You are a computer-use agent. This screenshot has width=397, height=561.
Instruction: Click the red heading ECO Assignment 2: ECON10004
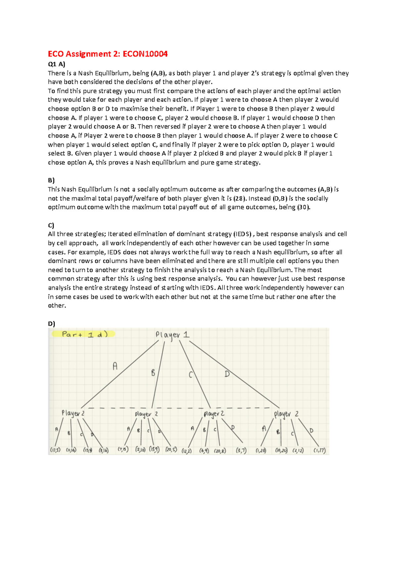(108, 54)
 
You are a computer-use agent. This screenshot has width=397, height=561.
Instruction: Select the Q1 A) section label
(57, 64)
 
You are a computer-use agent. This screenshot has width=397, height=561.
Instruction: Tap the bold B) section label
(51, 180)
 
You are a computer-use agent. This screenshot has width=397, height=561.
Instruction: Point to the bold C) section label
(51, 225)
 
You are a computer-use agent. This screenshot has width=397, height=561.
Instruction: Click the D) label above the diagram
(52, 324)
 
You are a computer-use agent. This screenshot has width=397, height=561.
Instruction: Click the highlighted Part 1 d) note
(84, 334)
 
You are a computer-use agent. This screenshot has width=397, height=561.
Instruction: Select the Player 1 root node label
(172, 335)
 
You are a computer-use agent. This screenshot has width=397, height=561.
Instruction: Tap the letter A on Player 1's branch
(115, 366)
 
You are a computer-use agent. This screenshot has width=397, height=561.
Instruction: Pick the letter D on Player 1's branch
(227, 374)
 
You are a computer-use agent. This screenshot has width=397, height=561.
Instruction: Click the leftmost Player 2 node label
(73, 413)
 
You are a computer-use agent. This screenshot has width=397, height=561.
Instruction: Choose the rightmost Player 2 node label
(286, 414)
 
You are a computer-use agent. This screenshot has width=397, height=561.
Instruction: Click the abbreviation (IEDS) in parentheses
(243, 234)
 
